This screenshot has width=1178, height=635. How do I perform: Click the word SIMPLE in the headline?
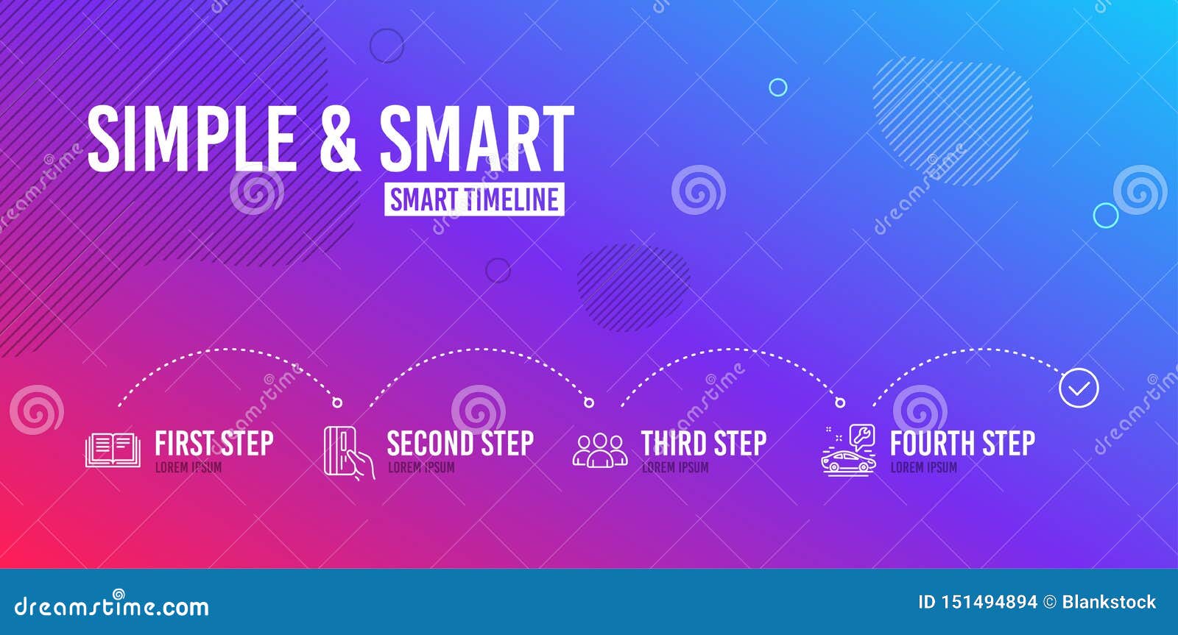coord(192,138)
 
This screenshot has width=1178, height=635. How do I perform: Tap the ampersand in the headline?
coord(339,138)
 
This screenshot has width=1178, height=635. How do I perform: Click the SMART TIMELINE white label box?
coord(474,199)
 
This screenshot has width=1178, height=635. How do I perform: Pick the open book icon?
coord(113,450)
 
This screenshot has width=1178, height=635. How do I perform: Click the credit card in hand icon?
coord(349,452)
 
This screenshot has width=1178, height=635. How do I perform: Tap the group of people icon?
coord(600,450)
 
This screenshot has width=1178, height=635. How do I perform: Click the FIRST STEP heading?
coord(214,443)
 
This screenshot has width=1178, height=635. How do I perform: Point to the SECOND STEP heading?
coord(460,443)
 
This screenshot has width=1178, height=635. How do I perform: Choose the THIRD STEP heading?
coord(704,443)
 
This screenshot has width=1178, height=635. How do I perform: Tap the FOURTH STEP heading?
coord(962,443)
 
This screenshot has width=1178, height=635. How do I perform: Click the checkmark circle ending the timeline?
coord(1079,388)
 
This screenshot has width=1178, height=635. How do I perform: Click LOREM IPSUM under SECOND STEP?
coord(421,467)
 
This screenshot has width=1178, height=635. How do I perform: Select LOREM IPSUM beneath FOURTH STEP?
coord(923,467)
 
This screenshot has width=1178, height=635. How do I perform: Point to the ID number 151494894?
coord(989,603)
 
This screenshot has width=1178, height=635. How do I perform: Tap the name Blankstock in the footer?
coord(1109,603)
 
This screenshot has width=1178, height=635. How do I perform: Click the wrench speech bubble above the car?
coord(862,437)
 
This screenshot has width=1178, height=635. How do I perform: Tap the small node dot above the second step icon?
coord(337,402)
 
